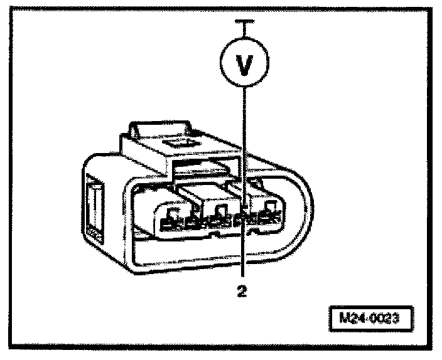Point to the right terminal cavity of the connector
tap(266, 210)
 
